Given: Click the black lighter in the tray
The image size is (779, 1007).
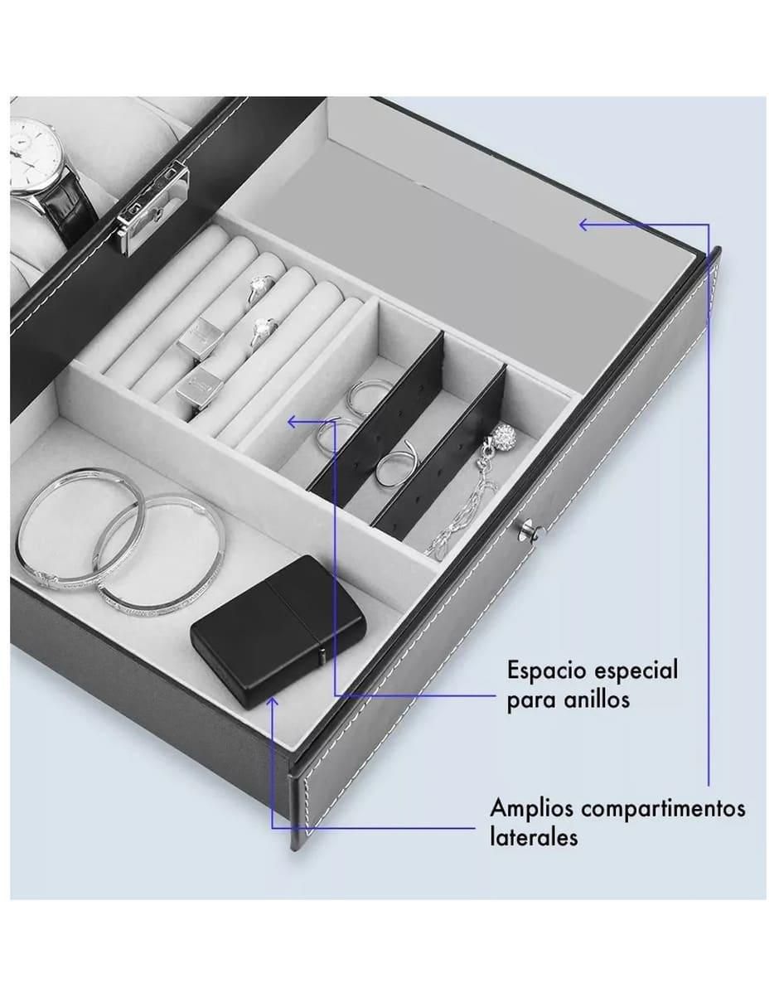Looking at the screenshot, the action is (x=278, y=631).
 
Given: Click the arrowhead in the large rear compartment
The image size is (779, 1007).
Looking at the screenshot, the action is (x=585, y=225).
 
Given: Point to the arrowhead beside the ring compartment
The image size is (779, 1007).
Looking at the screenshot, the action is (x=293, y=422).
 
